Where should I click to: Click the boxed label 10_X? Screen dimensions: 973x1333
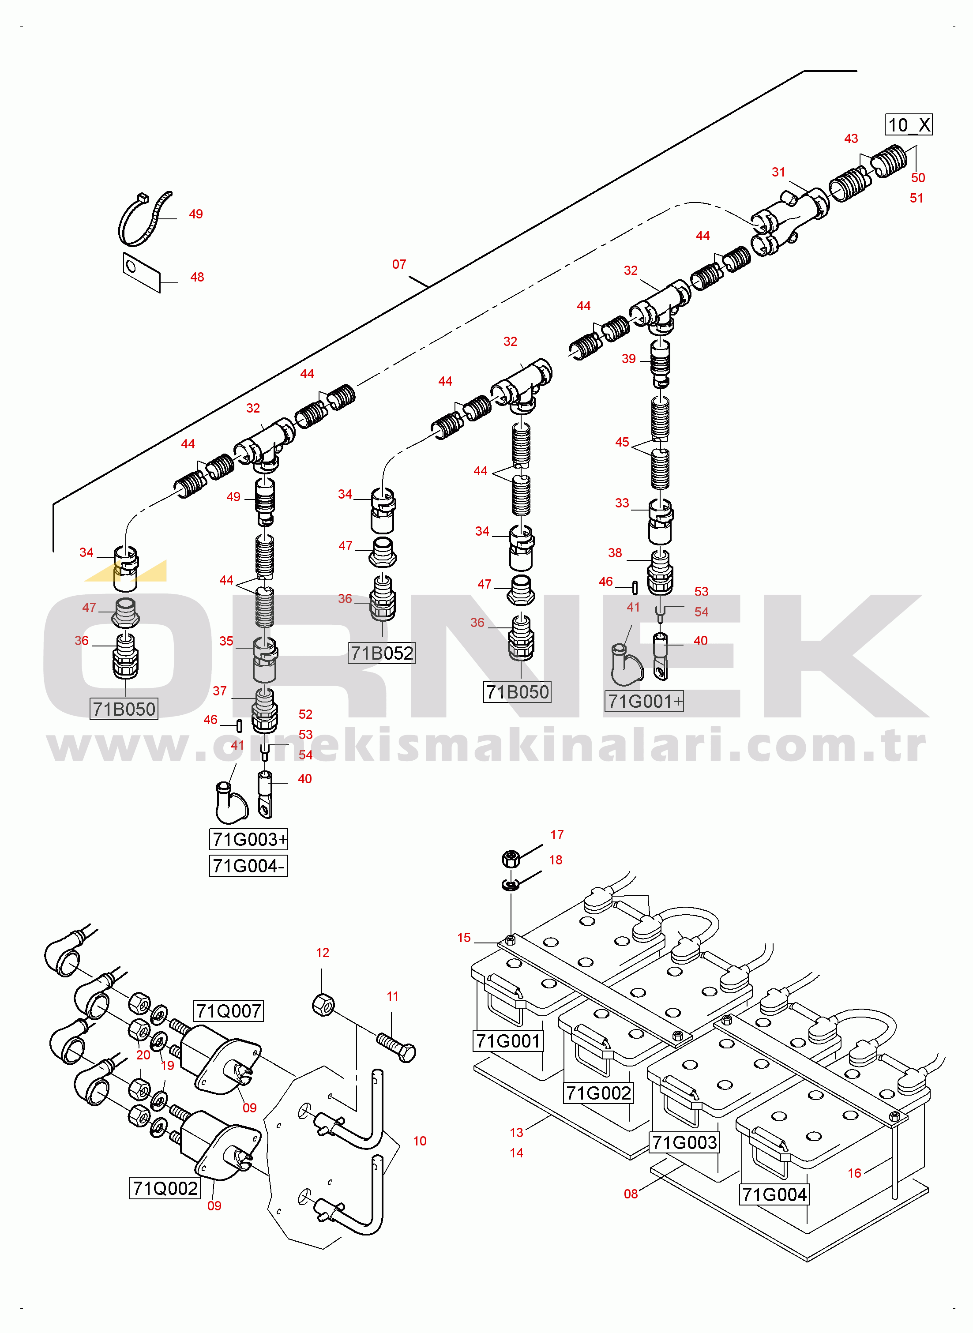click(908, 125)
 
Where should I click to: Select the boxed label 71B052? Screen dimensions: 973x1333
click(382, 653)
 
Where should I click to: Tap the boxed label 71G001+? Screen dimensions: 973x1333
click(644, 701)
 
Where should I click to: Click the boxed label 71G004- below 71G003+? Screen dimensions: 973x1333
click(248, 866)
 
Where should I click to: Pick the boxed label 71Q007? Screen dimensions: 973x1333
click(229, 1011)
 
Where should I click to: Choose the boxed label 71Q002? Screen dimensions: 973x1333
click(165, 1188)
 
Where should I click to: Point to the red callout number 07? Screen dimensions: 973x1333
click(399, 264)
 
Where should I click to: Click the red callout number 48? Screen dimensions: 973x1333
click(197, 277)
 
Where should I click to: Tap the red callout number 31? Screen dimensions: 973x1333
click(779, 172)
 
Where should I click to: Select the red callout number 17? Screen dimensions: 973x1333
click(557, 835)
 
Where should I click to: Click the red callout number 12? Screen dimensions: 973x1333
click(323, 953)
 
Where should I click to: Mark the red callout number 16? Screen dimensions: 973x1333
click(855, 1173)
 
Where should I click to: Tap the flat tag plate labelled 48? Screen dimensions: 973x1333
click(141, 272)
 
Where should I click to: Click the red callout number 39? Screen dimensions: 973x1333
click(629, 359)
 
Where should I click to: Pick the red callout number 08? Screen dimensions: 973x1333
click(631, 1194)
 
